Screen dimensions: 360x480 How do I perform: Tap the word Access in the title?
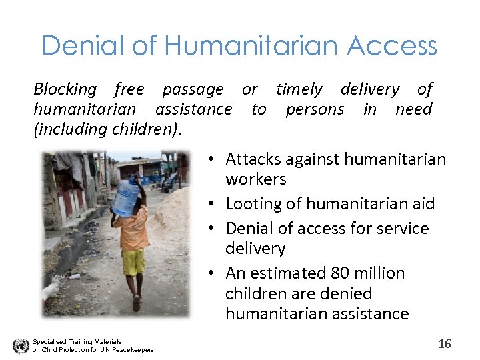click(x=391, y=46)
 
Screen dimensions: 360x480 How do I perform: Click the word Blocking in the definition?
click(x=65, y=89)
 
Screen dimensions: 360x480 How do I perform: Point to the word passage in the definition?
click(x=193, y=89)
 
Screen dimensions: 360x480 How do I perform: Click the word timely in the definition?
click(x=299, y=89)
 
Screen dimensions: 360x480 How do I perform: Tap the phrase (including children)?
click(x=106, y=129)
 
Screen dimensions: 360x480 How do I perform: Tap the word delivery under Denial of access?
click(x=255, y=249)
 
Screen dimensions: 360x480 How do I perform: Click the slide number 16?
click(x=445, y=344)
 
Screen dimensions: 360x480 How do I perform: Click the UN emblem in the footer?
click(x=21, y=346)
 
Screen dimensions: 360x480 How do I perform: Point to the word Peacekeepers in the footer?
click(x=133, y=350)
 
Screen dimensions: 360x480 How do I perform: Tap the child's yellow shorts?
click(x=133, y=261)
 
